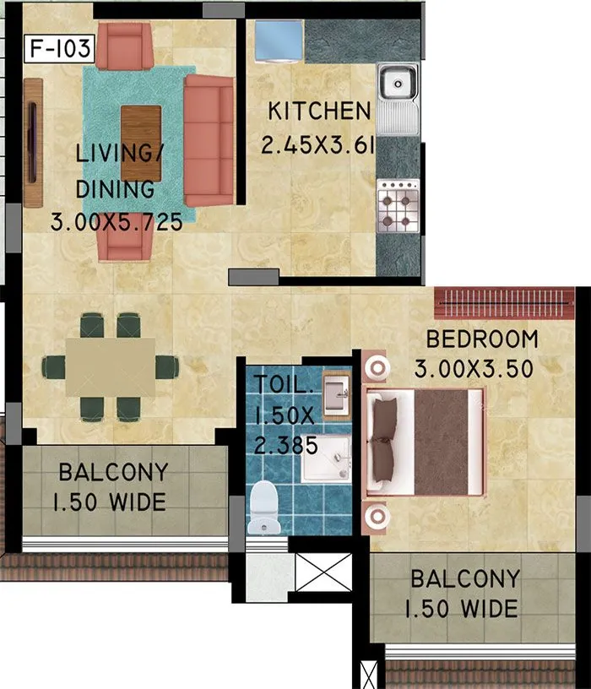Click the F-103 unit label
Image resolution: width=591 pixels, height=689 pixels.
point(59,47)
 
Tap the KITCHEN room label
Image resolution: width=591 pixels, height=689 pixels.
point(319,111)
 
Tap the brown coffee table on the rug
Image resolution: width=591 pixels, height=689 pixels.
point(141,132)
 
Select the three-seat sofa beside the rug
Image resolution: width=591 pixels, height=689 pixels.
point(209,140)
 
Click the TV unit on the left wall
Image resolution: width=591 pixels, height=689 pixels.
point(32,142)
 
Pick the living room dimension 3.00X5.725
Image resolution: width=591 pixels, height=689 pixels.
point(117,224)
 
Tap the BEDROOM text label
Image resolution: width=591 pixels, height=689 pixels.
point(481,339)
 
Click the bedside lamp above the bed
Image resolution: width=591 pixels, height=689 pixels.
point(376,367)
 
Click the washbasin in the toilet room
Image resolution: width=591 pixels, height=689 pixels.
point(337,393)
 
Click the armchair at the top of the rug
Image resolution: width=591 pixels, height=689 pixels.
point(125,46)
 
